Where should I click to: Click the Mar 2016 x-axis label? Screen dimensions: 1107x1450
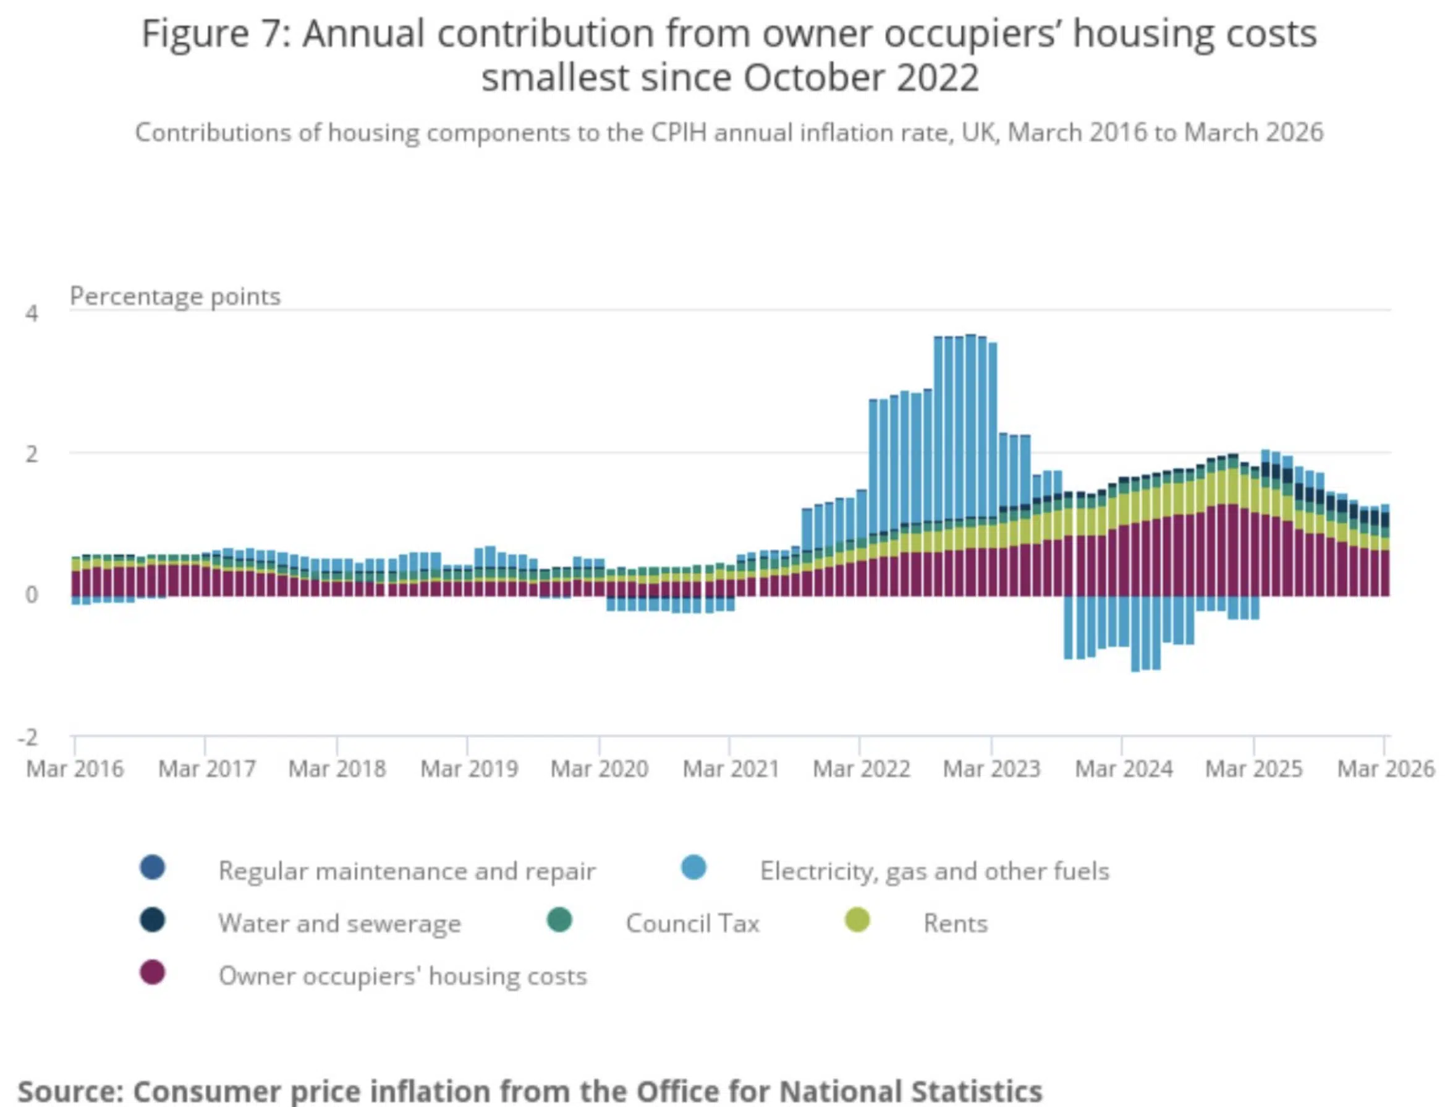pyautogui.click(x=74, y=769)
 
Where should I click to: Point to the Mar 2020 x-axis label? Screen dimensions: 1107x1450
pyautogui.click(x=600, y=769)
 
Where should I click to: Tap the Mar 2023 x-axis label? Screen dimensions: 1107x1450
pyautogui.click(x=991, y=769)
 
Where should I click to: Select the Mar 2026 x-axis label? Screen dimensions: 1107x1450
pyautogui.click(x=1386, y=769)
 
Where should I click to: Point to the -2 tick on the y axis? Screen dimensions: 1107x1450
pyautogui.click(x=28, y=737)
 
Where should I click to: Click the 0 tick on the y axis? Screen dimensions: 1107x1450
pyautogui.click(x=32, y=595)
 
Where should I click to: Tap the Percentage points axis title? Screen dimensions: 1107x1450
pyautogui.click(x=175, y=296)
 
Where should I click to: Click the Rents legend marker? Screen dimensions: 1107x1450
pyautogui.click(x=857, y=920)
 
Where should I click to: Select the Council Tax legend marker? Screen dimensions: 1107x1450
pyautogui.click(x=560, y=920)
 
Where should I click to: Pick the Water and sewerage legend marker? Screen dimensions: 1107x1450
pyautogui.click(x=153, y=920)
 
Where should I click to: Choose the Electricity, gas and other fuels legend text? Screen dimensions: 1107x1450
pyautogui.click(x=935, y=871)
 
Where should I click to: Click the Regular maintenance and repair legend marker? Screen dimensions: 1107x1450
pyautogui.click(x=153, y=868)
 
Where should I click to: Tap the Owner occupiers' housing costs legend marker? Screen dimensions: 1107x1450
pyautogui.click(x=153, y=973)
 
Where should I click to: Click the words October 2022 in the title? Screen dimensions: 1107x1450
pyautogui.click(x=862, y=78)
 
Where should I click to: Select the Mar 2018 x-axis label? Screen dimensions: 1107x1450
pyautogui.click(x=337, y=769)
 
